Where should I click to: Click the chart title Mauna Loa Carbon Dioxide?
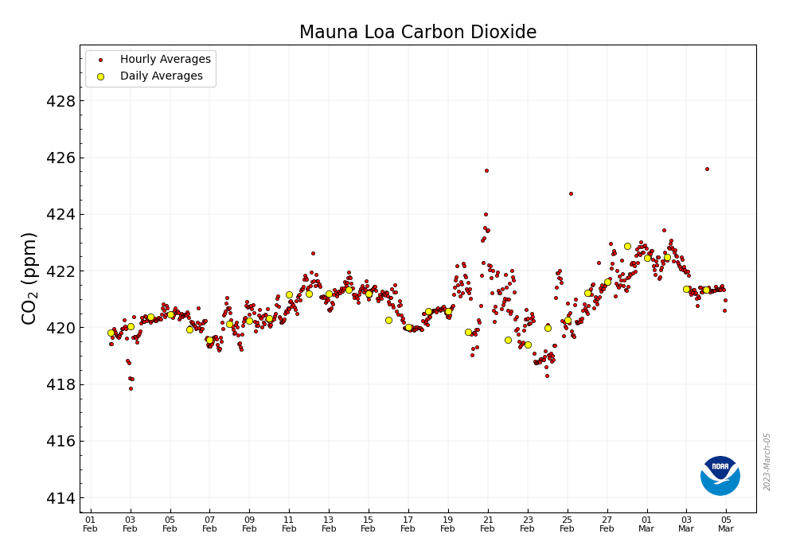[417, 33]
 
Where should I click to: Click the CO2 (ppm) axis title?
[29, 278]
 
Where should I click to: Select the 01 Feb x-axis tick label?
[91, 524]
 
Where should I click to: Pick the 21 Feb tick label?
[488, 524]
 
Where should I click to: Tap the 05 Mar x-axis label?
[726, 524]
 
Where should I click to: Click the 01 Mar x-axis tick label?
[646, 524]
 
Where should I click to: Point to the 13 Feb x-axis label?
[329, 524]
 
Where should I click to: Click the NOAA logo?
[720, 476]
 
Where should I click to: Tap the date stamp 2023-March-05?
[767, 462]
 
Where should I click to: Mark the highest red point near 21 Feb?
[486, 170]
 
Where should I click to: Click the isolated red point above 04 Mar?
[707, 169]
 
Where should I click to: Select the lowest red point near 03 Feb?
[131, 388]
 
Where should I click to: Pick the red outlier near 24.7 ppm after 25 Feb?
[571, 193]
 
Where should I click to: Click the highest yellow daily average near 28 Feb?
[627, 247]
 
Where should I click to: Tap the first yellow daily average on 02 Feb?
[111, 333]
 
